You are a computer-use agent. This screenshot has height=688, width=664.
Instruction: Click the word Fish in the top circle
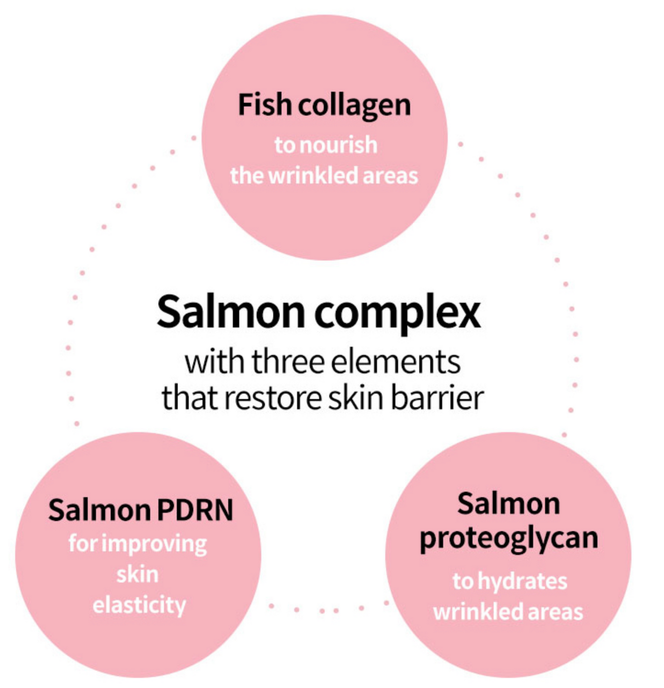264,105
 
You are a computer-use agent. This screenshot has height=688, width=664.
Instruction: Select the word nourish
338,145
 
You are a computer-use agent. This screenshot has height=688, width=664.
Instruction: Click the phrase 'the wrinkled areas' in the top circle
324,176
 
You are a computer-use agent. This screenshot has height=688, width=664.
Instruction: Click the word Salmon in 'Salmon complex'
231,312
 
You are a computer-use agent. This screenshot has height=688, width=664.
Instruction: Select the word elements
396,362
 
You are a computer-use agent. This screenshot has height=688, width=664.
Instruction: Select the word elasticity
139,605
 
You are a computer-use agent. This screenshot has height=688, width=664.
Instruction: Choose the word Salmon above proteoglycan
509,503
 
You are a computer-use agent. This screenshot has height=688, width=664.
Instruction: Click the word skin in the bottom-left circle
137,574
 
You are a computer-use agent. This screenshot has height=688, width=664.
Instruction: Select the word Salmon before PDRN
99,510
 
